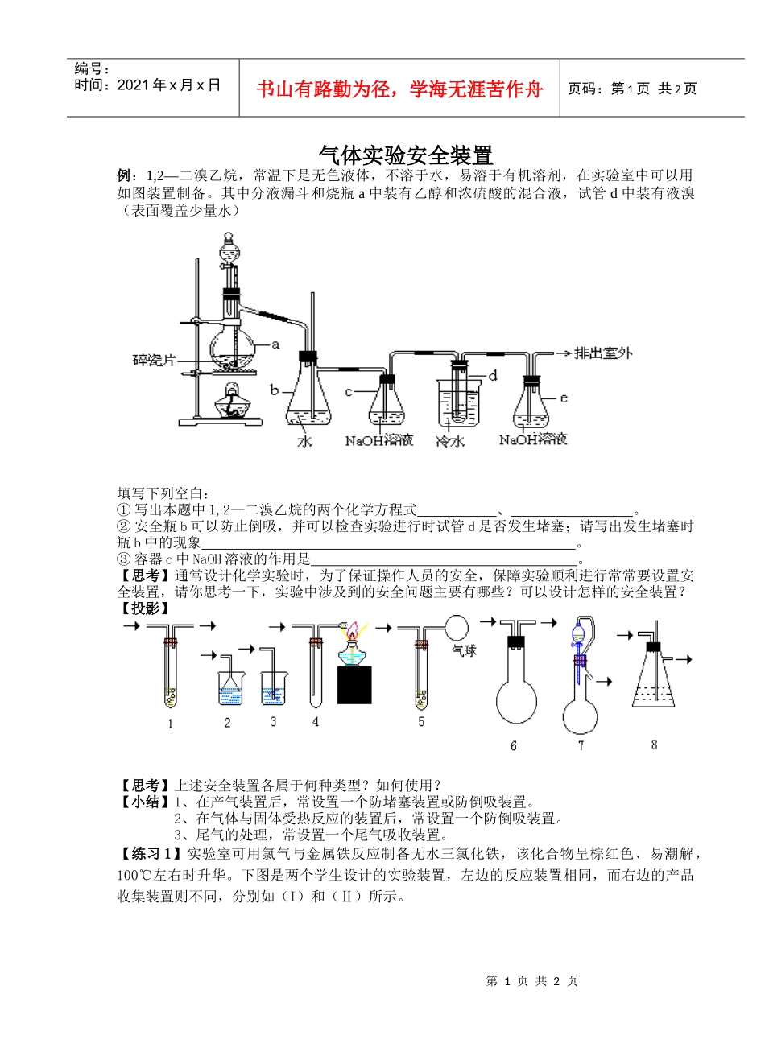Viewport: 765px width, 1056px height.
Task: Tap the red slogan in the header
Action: (x=399, y=89)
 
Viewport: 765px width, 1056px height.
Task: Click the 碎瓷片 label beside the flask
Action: (x=154, y=360)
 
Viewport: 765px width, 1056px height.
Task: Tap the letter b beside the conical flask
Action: (x=274, y=390)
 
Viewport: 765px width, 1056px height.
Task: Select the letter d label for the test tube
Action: (x=493, y=375)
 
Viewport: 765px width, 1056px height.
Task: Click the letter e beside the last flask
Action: (x=564, y=397)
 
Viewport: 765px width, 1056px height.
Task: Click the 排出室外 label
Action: (x=603, y=353)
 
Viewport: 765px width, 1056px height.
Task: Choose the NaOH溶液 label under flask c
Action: (x=378, y=440)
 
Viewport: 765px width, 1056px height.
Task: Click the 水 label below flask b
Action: (x=305, y=442)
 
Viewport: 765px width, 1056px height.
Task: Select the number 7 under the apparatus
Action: (x=581, y=745)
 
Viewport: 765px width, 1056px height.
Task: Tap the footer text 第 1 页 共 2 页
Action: (x=532, y=980)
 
